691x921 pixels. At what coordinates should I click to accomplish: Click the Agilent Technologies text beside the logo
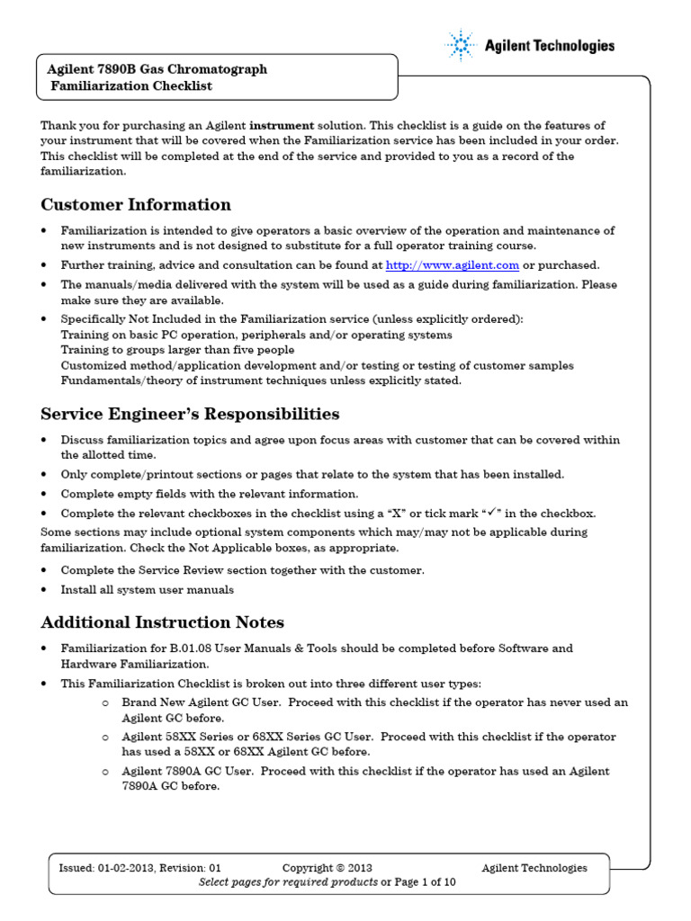tap(550, 46)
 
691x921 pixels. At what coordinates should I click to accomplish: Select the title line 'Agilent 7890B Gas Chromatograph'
tap(157, 69)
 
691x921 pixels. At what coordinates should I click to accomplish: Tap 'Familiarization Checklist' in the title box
tap(131, 86)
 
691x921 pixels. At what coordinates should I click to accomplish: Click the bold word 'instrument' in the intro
tap(282, 126)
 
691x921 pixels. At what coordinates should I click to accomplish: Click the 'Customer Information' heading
tap(136, 204)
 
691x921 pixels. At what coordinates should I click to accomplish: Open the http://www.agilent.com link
tap(453, 264)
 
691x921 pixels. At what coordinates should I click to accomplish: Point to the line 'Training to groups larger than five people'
tap(177, 350)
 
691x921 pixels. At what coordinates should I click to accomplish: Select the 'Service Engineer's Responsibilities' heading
tap(190, 414)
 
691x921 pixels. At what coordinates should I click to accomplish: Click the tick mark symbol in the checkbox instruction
tap(493, 513)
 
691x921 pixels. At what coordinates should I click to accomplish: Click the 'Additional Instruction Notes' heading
tap(163, 621)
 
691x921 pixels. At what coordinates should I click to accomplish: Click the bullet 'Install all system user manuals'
tap(148, 590)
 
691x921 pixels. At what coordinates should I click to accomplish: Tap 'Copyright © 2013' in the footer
tap(327, 868)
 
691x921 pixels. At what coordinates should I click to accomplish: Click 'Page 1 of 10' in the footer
tap(426, 882)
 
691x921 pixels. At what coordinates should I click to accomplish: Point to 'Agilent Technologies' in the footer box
tap(534, 868)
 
